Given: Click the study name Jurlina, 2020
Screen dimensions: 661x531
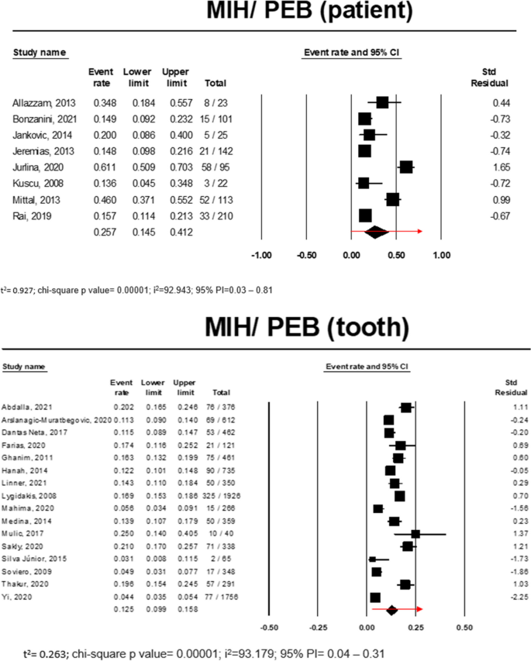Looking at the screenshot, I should pyautogui.click(x=33, y=167).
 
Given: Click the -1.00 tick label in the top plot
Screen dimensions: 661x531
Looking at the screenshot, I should pyautogui.click(x=263, y=254).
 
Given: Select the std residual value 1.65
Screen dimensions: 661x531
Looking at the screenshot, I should pyautogui.click(x=501, y=167).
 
